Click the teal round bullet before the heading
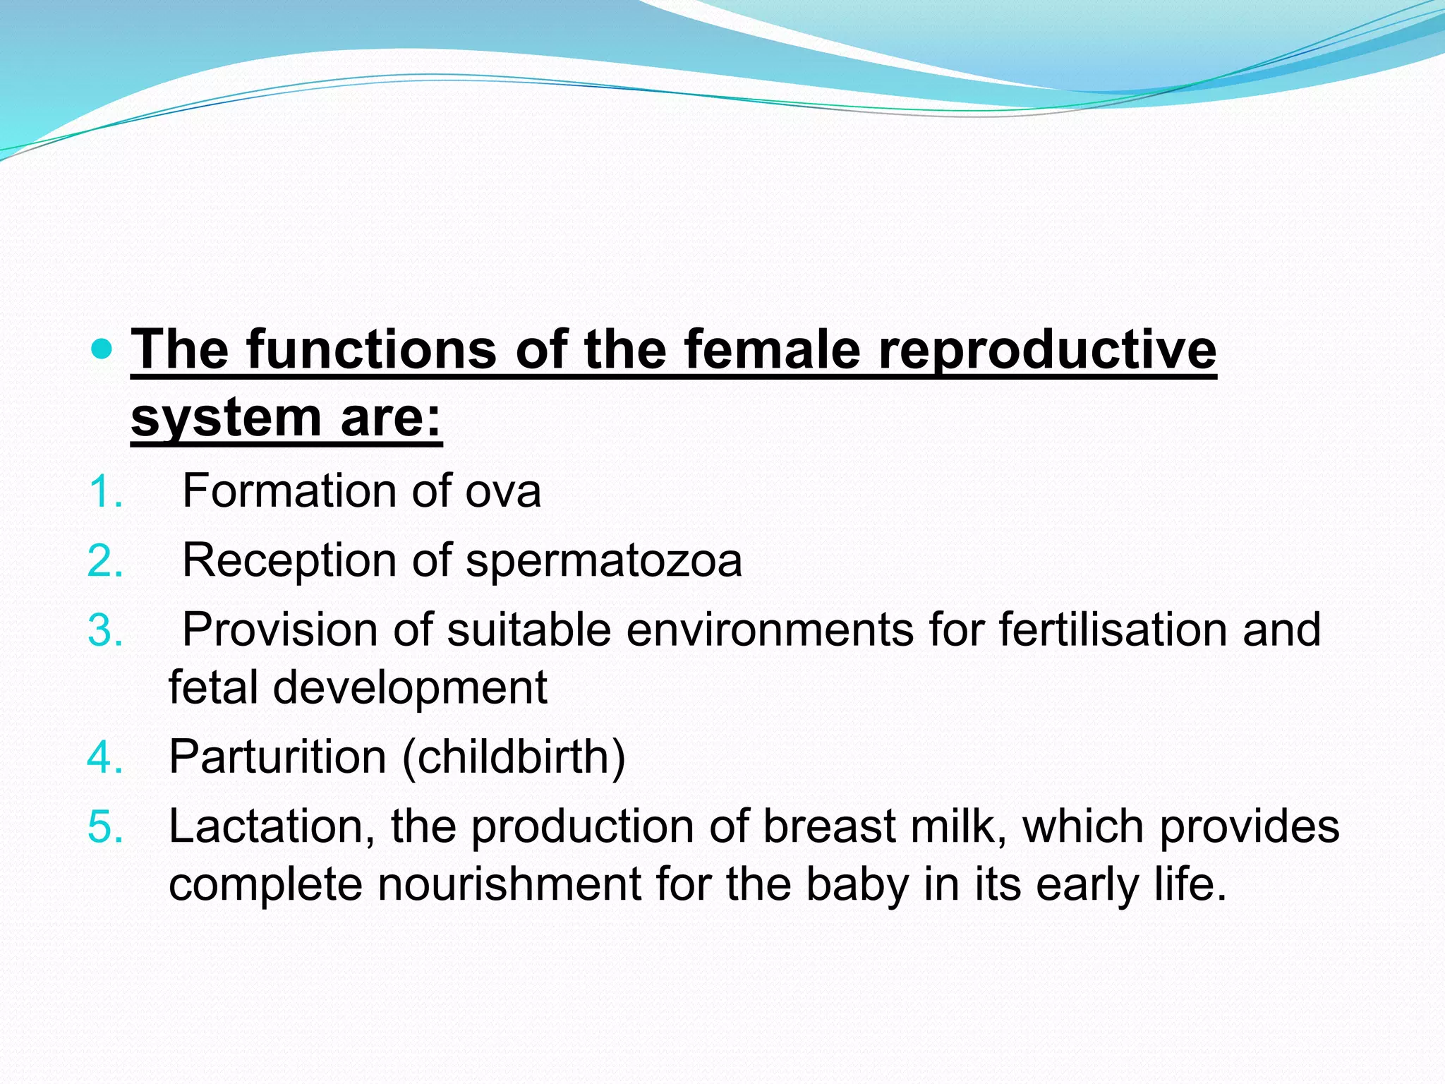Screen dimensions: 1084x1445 (102, 349)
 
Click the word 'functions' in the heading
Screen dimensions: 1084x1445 (371, 350)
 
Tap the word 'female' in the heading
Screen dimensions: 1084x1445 (772, 350)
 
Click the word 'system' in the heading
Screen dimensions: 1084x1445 (226, 419)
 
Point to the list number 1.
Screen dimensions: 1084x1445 (105, 492)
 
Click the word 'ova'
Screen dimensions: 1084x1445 (502, 492)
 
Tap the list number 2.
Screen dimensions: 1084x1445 (105, 561)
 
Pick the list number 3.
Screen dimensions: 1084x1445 (105, 630)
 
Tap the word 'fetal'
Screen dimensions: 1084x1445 (212, 687)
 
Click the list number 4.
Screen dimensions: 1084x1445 (105, 757)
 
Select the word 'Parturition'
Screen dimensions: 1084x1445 (277, 757)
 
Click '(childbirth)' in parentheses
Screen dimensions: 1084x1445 (514, 757)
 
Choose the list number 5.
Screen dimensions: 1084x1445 (105, 827)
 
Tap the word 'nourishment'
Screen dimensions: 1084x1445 (509, 884)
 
